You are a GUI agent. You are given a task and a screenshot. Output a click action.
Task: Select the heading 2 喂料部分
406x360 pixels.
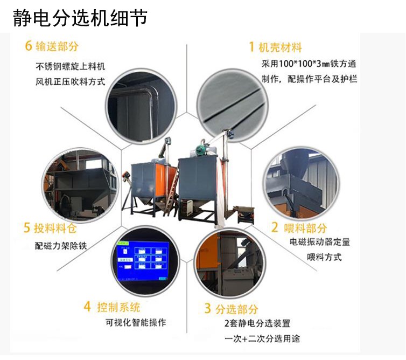click(x=298, y=227)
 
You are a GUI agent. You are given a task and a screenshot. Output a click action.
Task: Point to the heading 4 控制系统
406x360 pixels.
click(x=112, y=307)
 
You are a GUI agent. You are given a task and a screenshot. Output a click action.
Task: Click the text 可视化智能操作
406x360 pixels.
click(x=136, y=323)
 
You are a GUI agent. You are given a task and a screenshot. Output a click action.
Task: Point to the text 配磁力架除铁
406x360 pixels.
click(x=60, y=246)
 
